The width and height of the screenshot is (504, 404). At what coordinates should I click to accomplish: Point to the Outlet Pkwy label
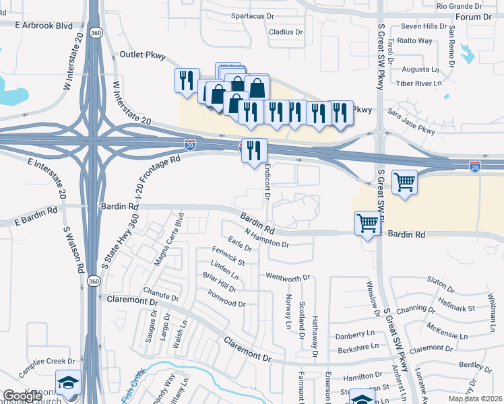(x=142, y=56)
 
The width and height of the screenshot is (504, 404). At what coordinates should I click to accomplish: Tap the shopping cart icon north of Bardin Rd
(x=404, y=181)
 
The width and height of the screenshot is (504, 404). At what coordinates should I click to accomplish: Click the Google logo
(x=22, y=397)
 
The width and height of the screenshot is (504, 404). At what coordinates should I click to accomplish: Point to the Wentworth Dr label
(x=287, y=277)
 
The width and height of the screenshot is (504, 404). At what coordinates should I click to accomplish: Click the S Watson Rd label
(x=73, y=249)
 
